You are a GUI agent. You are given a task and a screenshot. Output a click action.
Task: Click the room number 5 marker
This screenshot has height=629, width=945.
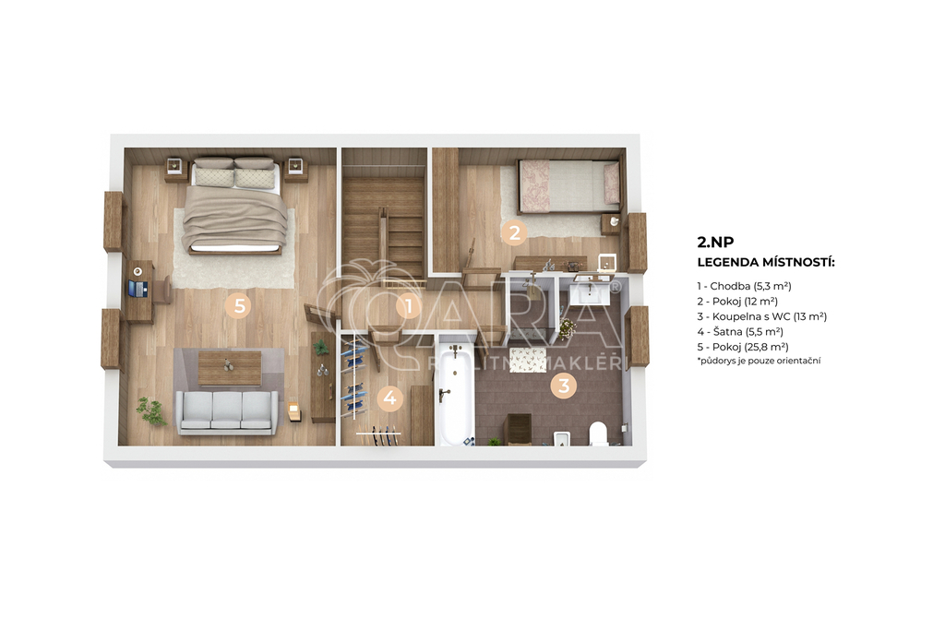(239, 305)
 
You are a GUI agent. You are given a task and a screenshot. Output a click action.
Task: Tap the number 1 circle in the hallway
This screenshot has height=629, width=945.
(409, 306)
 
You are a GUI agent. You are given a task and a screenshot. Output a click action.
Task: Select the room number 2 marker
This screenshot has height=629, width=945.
(514, 232)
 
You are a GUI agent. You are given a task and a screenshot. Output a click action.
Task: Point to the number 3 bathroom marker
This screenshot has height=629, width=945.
(564, 385)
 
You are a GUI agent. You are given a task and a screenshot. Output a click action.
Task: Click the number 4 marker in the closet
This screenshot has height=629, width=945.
(390, 398)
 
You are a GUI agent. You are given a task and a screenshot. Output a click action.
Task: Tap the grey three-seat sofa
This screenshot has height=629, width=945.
(228, 412)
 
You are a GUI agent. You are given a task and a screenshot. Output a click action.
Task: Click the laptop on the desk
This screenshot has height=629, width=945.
(138, 290)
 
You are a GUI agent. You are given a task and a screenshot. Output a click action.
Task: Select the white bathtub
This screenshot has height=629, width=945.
(455, 395)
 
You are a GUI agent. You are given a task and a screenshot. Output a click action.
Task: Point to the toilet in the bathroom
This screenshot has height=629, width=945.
(598, 433)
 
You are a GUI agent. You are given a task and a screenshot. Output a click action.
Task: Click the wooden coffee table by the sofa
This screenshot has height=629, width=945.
(230, 367)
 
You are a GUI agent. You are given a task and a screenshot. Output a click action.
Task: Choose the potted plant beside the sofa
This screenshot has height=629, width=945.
(150, 411)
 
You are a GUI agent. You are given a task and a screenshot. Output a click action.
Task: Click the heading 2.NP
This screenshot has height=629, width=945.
(715, 243)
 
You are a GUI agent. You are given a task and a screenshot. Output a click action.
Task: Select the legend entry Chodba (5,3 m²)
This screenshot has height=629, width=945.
(745, 286)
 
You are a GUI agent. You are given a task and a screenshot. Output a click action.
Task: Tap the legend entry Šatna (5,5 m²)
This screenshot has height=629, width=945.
(740, 331)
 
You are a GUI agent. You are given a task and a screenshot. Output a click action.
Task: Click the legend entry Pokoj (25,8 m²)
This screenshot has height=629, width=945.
(743, 347)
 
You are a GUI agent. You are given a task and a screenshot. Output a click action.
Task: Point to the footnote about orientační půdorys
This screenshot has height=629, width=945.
(759, 361)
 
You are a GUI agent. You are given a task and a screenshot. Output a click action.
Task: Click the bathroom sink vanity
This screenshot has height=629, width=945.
(589, 292)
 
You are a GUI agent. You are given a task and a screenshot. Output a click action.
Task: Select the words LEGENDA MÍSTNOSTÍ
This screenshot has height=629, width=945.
(766, 263)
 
